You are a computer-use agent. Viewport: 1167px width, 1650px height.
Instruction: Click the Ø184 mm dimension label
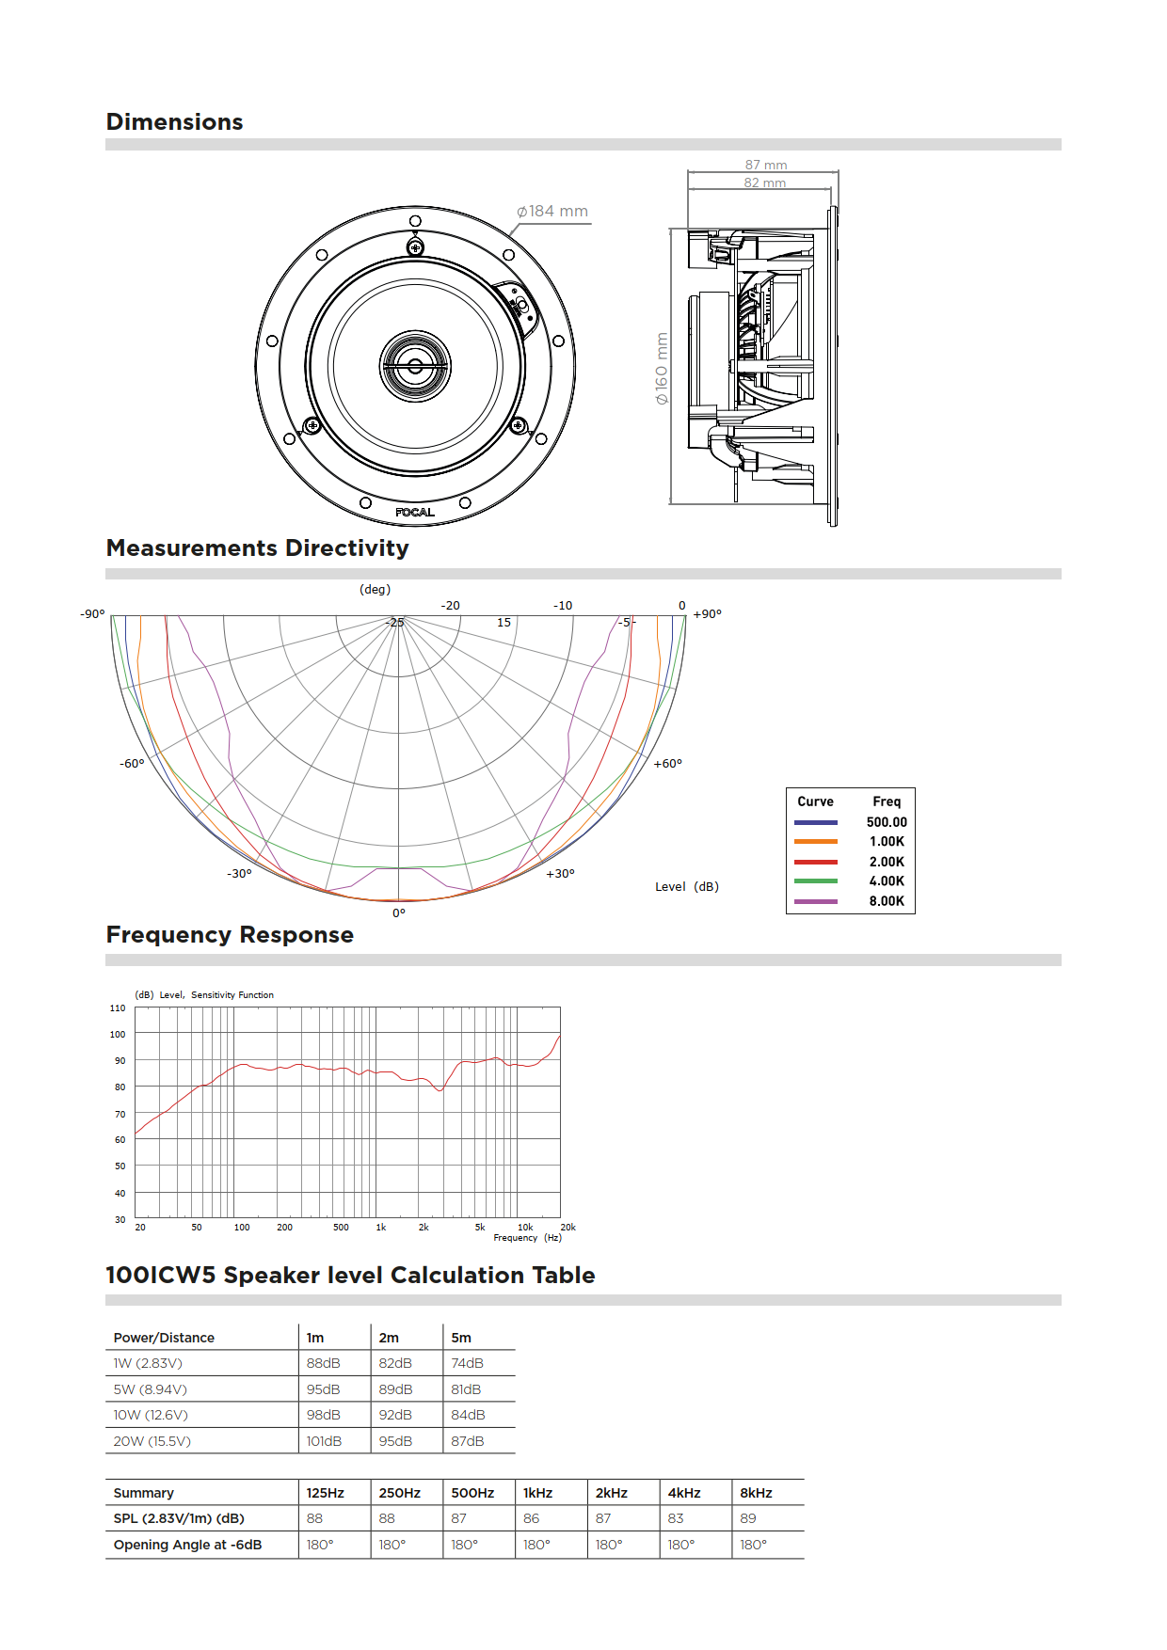(x=552, y=212)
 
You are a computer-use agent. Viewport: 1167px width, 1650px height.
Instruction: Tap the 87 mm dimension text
(x=765, y=165)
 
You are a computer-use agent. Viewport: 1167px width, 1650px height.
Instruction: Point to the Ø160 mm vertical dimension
(x=662, y=369)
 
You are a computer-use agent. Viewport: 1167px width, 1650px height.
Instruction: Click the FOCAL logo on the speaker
(x=415, y=513)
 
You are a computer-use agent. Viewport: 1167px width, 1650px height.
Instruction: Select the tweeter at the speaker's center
(x=415, y=366)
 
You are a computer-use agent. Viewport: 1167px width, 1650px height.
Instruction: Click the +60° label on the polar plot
(x=667, y=764)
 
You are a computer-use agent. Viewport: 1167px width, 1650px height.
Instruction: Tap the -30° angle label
(x=239, y=874)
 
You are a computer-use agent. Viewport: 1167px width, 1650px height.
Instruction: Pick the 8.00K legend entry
(x=887, y=901)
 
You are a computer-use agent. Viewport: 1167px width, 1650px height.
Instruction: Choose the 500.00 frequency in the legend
(x=887, y=822)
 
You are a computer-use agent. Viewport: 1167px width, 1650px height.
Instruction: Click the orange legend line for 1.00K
(x=815, y=842)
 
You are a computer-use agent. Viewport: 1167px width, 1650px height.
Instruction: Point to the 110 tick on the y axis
(x=118, y=1008)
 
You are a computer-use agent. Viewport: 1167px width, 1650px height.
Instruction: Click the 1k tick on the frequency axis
(x=381, y=1228)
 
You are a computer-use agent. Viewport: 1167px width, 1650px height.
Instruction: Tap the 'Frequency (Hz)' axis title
(x=527, y=1238)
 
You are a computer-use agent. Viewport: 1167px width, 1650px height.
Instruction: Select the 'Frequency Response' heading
(x=230, y=935)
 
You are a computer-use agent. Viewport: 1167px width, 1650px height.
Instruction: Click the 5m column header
(x=461, y=1338)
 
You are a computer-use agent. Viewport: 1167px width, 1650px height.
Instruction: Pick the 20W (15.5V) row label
(x=152, y=1441)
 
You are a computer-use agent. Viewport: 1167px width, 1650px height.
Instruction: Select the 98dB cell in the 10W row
(x=323, y=1415)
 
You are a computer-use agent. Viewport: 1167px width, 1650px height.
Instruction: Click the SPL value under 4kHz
(x=676, y=1518)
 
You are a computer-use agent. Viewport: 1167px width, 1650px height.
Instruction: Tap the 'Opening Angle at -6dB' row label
(x=187, y=1545)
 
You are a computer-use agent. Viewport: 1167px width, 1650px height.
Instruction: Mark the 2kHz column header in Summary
(x=612, y=1493)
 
